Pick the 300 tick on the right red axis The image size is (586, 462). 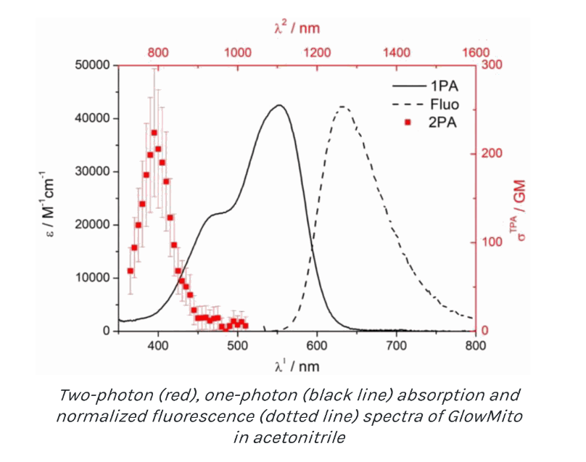point(494,66)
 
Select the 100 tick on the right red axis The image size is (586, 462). point(494,242)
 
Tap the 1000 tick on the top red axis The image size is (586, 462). point(238,52)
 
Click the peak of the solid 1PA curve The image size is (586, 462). point(278,105)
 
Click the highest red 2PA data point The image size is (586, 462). point(154,133)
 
